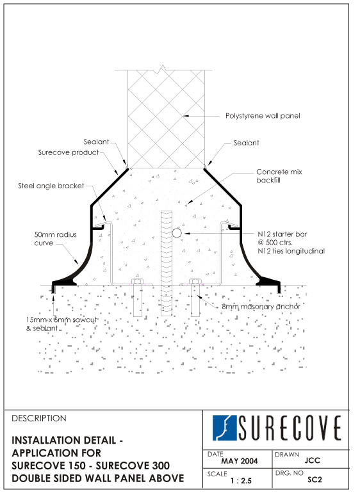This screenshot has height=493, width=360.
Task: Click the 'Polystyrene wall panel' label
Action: [263, 116]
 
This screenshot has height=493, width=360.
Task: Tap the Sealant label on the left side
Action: [96, 141]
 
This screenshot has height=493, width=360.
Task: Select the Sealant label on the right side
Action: [246, 143]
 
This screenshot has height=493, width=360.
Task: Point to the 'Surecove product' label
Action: [69, 152]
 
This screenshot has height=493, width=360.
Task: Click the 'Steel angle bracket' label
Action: [51, 186]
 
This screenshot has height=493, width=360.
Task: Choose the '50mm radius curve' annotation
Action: [55, 239]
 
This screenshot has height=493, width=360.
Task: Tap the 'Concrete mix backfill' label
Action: [279, 176]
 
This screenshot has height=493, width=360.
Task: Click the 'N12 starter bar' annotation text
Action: [282, 234]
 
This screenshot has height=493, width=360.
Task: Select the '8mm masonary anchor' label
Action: [261, 307]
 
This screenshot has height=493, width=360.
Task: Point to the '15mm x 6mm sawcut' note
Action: [61, 320]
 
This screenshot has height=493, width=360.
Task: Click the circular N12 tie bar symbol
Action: [177, 233]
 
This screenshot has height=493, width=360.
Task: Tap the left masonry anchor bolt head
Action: [137, 282]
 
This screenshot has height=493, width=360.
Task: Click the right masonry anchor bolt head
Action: [195, 282]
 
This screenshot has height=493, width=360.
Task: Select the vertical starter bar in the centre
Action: [167, 264]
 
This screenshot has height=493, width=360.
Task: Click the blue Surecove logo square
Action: [224, 428]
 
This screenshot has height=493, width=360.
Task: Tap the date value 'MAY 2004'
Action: [239, 461]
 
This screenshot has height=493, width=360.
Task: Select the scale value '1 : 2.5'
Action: [241, 481]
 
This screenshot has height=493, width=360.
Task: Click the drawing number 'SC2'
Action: [315, 480]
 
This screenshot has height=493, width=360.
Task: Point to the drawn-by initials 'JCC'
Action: [312, 460]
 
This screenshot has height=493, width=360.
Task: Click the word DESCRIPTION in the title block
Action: [39, 419]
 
